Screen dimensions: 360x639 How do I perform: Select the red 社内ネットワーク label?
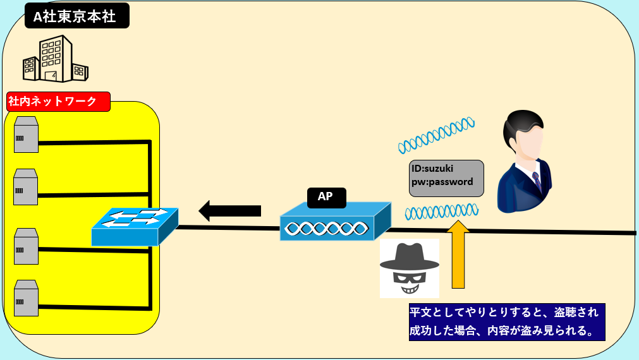click(x=58, y=101)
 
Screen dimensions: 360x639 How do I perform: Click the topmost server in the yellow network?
click(x=26, y=135)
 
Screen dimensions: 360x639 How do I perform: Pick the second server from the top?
click(x=26, y=188)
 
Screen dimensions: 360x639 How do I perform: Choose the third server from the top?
click(x=26, y=246)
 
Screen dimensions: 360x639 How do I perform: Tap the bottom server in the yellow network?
click(x=26, y=297)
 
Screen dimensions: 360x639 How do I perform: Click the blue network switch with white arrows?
click(x=134, y=226)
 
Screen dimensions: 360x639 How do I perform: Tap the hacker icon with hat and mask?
click(x=409, y=268)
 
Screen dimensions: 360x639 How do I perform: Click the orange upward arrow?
click(x=458, y=253)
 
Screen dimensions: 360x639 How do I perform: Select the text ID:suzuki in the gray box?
click(x=432, y=169)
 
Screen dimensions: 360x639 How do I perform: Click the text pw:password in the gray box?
click(x=442, y=181)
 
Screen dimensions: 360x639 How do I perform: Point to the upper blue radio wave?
click(x=436, y=135)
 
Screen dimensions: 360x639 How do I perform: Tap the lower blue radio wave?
click(x=441, y=211)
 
